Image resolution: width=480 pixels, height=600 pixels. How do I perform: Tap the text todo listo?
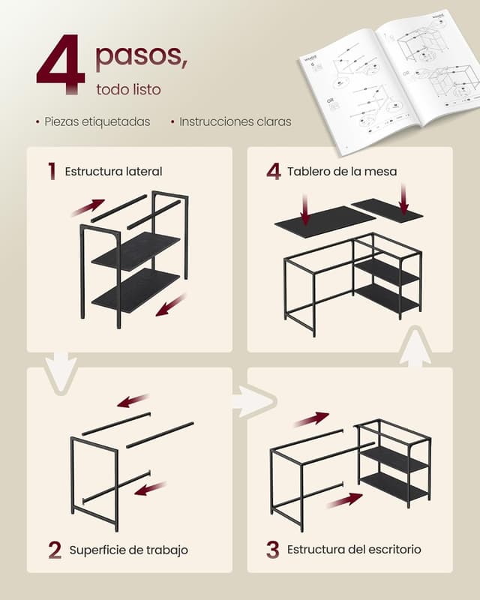click(x=128, y=89)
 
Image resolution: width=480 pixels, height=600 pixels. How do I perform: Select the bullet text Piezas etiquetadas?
click(x=97, y=121)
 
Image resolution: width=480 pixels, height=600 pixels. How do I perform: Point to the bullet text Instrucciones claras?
click(x=235, y=121)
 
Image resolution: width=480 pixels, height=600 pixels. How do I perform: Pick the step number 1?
click(x=52, y=171)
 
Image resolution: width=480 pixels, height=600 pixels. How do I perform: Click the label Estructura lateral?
click(x=113, y=172)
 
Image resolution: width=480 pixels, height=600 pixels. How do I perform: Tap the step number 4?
click(x=273, y=171)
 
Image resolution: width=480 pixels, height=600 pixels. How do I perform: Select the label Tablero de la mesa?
click(x=342, y=172)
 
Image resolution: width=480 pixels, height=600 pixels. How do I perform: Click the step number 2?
click(x=55, y=550)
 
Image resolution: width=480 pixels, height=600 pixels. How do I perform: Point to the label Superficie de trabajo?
click(x=128, y=550)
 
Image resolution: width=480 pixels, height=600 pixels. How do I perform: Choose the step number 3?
click(x=272, y=550)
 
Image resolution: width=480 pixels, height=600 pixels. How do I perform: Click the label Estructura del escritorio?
click(x=354, y=550)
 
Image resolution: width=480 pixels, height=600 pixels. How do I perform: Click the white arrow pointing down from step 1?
click(x=61, y=370)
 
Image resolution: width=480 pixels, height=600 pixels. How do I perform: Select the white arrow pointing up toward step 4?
click(x=415, y=350)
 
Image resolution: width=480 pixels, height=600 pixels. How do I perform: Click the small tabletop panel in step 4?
click(x=386, y=210)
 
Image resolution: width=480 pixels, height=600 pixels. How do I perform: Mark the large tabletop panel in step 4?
click(x=324, y=221)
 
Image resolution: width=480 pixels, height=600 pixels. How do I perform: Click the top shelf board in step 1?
click(x=136, y=250)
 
